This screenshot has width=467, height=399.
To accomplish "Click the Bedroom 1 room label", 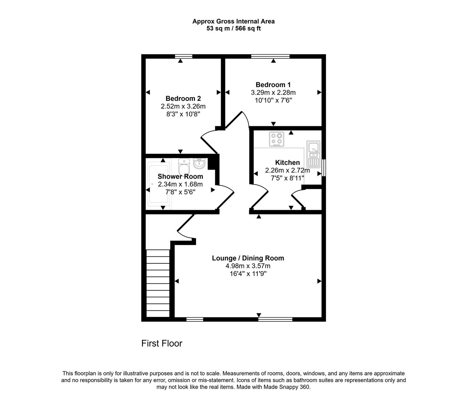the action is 273,85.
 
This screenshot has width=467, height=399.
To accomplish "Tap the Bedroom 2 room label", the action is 183,99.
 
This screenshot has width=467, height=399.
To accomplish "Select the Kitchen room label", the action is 287,163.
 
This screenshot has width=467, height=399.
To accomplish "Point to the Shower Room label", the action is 180,176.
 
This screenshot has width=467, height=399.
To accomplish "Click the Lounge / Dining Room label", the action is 248,258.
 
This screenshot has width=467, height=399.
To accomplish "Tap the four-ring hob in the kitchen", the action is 277,139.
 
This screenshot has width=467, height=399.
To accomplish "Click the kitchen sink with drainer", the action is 313,154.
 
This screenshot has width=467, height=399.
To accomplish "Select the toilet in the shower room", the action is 184,167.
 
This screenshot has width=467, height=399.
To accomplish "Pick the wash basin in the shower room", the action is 199,164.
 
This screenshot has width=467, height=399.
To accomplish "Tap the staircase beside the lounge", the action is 158,283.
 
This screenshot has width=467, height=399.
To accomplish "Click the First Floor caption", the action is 162,343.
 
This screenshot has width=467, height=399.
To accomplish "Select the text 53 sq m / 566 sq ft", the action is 234,28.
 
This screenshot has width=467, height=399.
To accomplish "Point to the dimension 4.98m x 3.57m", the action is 248,266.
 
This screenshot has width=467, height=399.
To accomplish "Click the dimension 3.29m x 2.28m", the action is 273,92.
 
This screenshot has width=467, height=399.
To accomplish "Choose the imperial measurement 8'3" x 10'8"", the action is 183,114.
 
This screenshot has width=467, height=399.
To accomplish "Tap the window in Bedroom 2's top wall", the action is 184,56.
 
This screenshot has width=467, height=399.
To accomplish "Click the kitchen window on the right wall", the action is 324,168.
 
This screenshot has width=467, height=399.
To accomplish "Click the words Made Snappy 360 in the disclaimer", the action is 287,387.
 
